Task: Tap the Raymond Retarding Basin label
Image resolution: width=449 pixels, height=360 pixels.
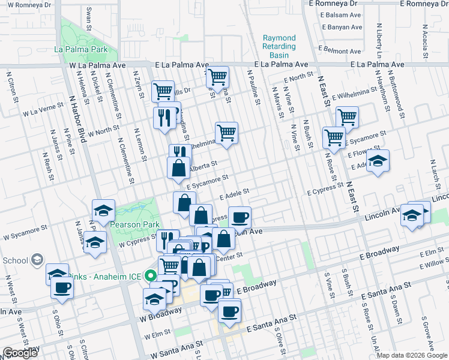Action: pos(279,47)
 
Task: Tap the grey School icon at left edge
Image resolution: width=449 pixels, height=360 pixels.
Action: pos(37,260)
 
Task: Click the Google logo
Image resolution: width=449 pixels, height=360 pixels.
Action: pos(20,353)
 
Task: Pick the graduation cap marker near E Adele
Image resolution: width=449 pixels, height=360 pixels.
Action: pos(378,161)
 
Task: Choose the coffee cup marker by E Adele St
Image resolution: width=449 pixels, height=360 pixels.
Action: pos(240,217)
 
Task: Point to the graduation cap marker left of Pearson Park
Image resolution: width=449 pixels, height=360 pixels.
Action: pos(103,211)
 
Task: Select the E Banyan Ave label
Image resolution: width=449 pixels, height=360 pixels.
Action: pos(342,28)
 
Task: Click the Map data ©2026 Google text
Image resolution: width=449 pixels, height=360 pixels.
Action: pos(412,355)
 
